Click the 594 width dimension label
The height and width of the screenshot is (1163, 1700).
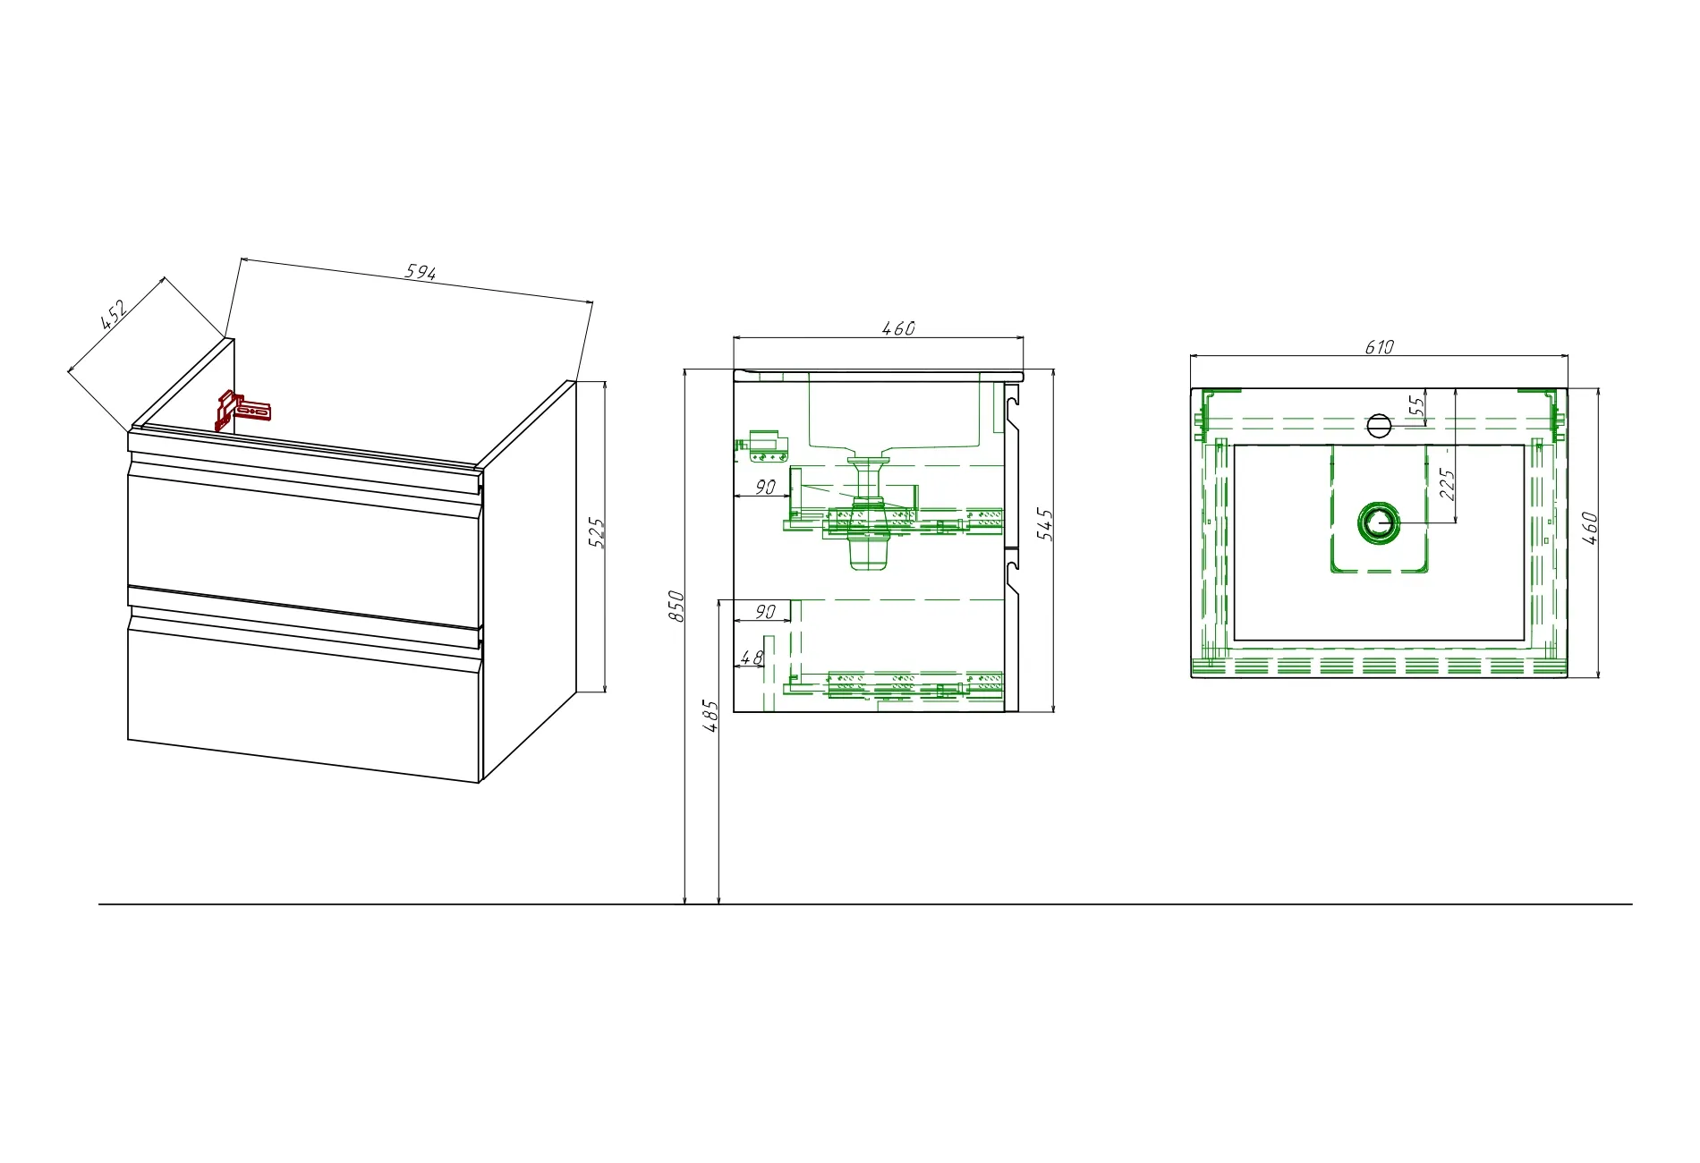click(421, 272)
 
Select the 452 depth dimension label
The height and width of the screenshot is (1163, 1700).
click(114, 315)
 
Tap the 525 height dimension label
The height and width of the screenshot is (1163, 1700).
click(598, 533)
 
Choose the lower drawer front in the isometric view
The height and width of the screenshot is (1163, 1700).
click(304, 698)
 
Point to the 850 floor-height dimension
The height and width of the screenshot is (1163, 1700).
click(677, 607)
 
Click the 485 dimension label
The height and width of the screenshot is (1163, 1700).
click(711, 717)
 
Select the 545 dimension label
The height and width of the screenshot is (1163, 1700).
click(1045, 524)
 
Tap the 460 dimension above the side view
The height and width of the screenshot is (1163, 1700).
click(898, 328)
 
